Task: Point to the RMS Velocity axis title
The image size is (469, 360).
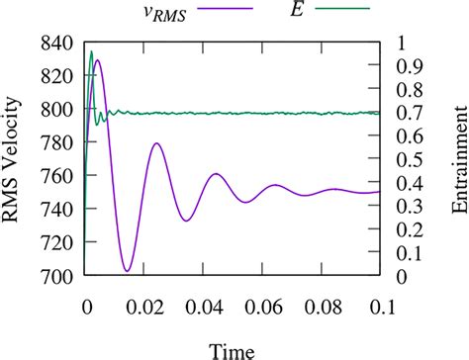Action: coord(14,160)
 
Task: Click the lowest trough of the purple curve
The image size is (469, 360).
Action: coord(127,271)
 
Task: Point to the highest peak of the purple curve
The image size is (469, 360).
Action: coord(97,60)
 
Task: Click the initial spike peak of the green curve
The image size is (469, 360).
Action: coord(92,50)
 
